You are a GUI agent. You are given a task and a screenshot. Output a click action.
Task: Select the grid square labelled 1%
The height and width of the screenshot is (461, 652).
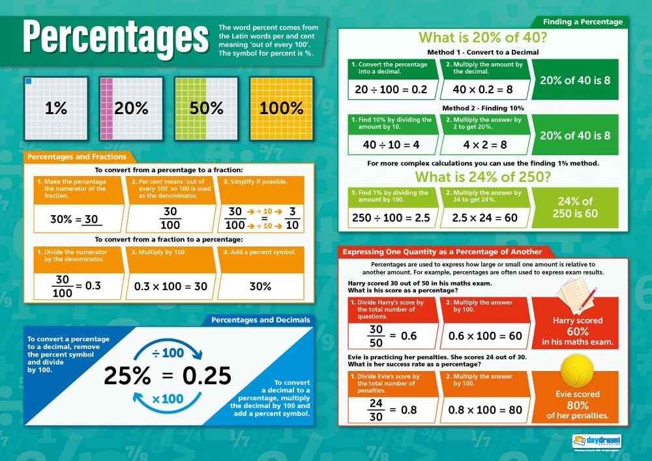point(56,108)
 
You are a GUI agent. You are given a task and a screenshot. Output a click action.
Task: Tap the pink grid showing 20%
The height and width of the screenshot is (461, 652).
point(132,108)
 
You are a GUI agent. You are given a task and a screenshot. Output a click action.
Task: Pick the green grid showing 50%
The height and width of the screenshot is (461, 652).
point(207,108)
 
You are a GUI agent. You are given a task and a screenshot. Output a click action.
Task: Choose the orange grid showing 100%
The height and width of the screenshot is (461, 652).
point(282,108)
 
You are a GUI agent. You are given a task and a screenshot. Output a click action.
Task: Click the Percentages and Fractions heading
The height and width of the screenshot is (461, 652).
point(77,156)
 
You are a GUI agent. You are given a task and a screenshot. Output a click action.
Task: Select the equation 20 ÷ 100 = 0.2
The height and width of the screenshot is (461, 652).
point(391,89)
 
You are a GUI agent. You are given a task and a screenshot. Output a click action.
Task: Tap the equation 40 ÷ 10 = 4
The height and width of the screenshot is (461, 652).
point(391,145)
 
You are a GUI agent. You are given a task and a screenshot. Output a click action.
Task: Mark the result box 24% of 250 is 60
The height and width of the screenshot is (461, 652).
point(574,207)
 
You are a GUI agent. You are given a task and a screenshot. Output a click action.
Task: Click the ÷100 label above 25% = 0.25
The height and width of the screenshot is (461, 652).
point(168,353)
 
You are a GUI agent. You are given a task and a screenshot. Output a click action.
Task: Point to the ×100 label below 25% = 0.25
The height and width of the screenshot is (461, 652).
point(168,398)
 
